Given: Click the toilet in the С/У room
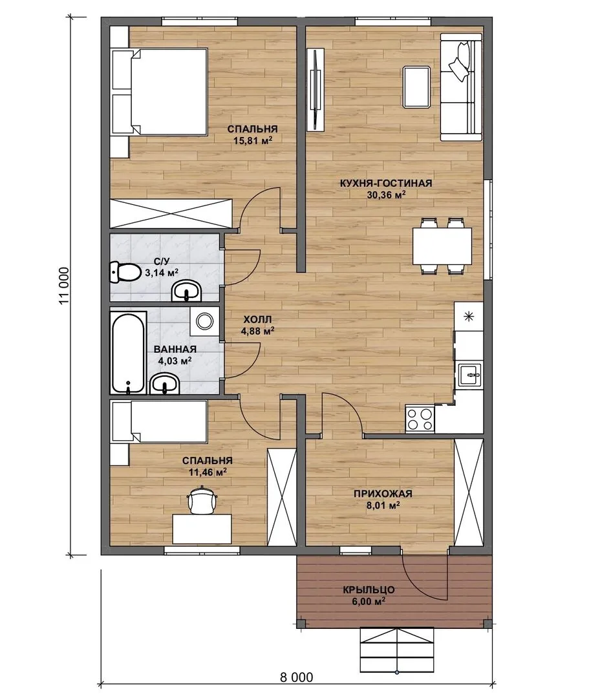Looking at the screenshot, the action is point(125,273).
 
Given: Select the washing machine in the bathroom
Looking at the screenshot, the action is point(204,321).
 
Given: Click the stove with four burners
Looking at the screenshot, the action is point(420,418).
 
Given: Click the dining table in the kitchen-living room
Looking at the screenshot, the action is point(442,246).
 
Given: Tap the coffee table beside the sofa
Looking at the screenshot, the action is point(416,87).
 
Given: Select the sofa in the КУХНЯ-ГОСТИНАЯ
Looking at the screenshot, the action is point(462,87).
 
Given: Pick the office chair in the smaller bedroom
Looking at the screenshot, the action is point(202,501).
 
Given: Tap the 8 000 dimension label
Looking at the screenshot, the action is point(297,677).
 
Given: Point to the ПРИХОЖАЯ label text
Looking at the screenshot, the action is point(383,493).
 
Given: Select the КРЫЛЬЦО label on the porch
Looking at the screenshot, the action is point(369,590).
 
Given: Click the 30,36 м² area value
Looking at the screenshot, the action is point(386,195).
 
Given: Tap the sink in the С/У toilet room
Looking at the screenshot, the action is point(187,291).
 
